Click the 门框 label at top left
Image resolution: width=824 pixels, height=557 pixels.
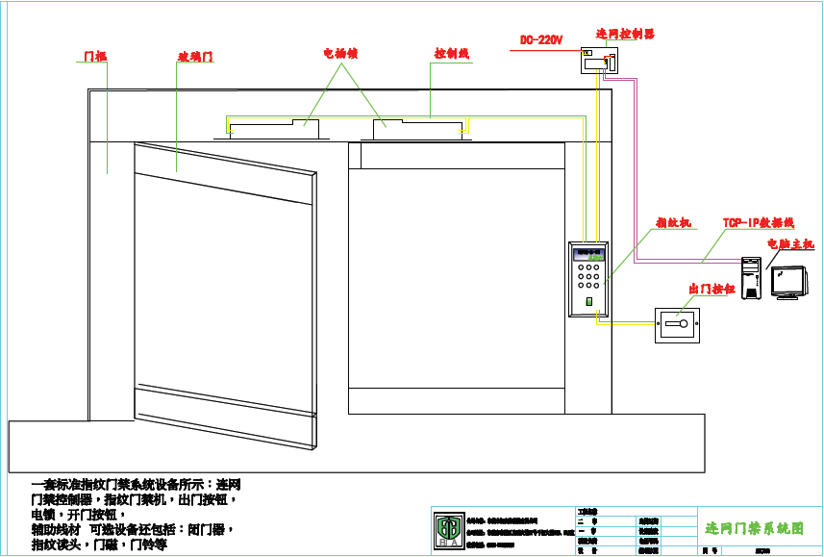[x=94, y=57]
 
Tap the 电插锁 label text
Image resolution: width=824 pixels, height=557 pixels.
[x=339, y=54]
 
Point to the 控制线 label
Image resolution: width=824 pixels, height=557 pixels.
[x=451, y=54]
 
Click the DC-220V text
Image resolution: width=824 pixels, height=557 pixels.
[x=541, y=40]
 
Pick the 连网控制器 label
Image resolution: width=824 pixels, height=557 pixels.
[x=625, y=34]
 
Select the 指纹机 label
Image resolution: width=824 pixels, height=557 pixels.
[x=673, y=223]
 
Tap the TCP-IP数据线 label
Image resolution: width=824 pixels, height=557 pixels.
[x=759, y=222]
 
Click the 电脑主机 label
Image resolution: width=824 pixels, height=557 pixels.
[x=789, y=244]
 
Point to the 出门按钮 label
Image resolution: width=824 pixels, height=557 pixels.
[x=712, y=289]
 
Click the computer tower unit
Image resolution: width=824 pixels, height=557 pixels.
[x=751, y=278]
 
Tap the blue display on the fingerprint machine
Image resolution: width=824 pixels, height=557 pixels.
[x=587, y=255]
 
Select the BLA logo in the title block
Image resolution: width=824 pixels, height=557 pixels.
[x=448, y=529]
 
